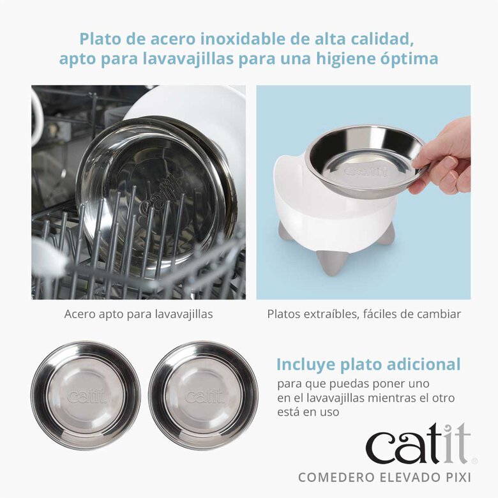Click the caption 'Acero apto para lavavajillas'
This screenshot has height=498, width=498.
(139, 314)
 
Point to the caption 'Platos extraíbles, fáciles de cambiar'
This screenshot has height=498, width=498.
(364, 314)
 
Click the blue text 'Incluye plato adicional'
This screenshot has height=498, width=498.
(368, 365)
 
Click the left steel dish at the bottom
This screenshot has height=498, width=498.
(86, 395)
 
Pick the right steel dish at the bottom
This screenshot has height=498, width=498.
(203, 395)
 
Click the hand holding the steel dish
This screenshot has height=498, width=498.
(444, 160)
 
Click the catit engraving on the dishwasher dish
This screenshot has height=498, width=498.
(157, 207)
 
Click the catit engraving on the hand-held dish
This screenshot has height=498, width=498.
(366, 171)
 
